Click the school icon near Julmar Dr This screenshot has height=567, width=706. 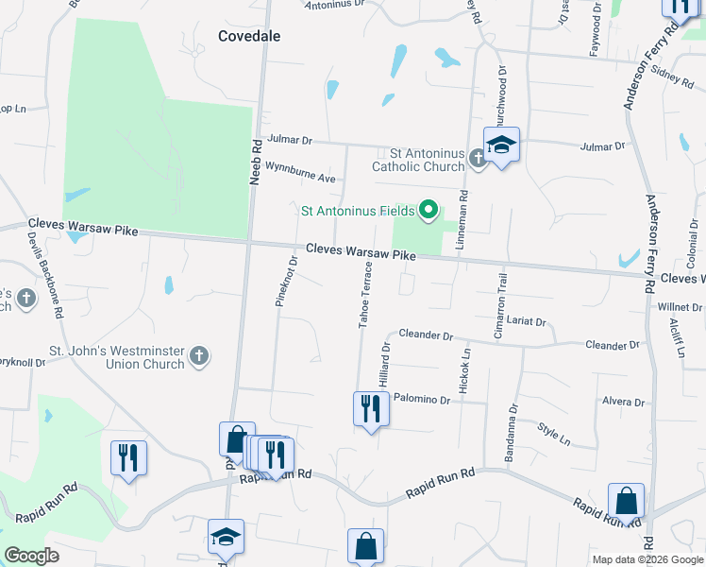(x=501, y=145)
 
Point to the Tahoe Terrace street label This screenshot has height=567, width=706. (x=364, y=297)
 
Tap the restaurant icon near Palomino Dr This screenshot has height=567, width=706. (x=370, y=409)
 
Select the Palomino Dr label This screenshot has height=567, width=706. (x=422, y=400)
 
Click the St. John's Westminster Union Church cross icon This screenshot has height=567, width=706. (x=198, y=355)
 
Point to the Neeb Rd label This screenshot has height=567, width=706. (x=256, y=162)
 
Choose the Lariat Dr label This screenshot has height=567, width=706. (x=527, y=321)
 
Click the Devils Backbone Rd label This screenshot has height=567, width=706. (x=44, y=274)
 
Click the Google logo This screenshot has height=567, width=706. (x=32, y=555)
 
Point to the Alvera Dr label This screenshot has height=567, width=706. (x=623, y=402)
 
